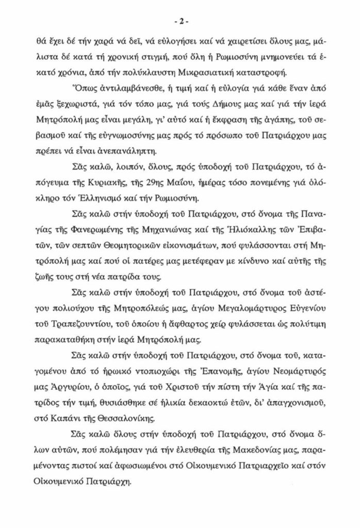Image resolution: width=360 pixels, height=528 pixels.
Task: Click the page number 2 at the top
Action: pos(180,22)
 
